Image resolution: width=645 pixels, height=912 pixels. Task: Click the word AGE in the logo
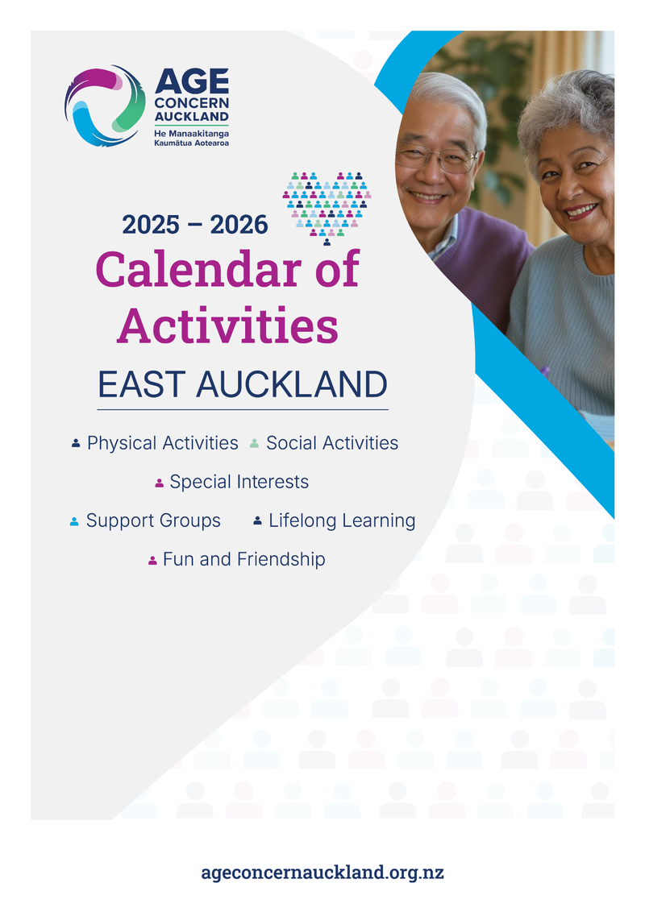[192, 81]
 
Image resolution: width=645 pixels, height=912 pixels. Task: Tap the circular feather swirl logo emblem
[105, 105]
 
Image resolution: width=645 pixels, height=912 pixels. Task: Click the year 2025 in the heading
[151, 225]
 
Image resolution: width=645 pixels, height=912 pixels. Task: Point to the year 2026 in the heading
[239, 225]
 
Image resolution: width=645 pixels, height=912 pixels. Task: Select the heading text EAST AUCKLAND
[243, 385]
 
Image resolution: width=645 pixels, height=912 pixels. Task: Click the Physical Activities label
[162, 443]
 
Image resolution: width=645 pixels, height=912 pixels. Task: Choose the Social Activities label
[331, 443]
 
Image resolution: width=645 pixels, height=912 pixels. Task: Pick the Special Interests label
[239, 482]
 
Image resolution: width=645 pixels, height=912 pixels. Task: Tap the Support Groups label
[153, 520]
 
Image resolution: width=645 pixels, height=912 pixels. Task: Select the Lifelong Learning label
[342, 520]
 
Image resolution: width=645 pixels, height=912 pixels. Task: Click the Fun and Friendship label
[243, 559]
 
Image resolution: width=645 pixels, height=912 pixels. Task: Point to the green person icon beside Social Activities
[254, 444]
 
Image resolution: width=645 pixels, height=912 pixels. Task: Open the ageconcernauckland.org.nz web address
[322, 873]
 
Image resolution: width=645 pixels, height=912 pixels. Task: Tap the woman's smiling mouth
[580, 211]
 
